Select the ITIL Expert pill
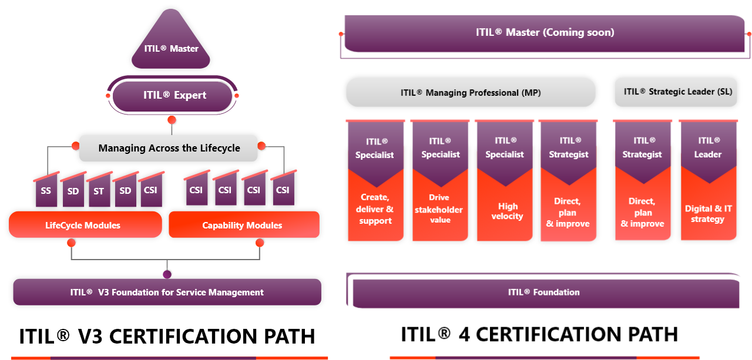(x=173, y=95)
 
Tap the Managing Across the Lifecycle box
(x=169, y=148)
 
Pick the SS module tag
(x=46, y=191)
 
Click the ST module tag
(x=98, y=191)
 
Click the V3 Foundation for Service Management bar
(x=167, y=292)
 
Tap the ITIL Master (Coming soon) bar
(x=545, y=33)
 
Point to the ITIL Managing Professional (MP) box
(x=471, y=93)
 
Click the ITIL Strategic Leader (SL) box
(x=676, y=92)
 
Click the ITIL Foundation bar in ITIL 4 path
(x=543, y=292)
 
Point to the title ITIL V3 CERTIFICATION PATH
(x=167, y=337)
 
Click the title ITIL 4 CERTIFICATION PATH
(x=539, y=334)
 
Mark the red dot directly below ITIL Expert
(x=172, y=120)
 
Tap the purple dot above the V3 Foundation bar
(x=167, y=274)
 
